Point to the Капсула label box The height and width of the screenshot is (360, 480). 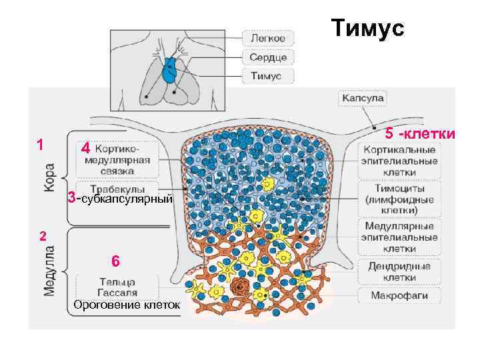363,98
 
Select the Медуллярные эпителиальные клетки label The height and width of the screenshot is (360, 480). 399,237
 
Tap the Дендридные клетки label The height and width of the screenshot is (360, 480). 399,271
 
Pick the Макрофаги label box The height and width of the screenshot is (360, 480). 399,294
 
